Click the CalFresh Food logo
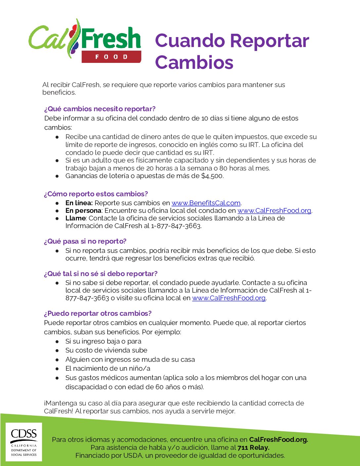pos(85,40)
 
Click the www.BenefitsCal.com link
pos(206,203)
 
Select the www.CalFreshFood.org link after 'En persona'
pos(274,210)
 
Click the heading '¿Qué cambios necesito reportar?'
pos(100,109)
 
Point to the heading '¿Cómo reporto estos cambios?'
pos(96,194)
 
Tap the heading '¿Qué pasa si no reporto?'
pos(85,241)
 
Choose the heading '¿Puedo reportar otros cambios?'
pos(98,313)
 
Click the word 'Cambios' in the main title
pos(194,62)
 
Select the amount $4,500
pos(212,176)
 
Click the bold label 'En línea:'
pos(79,203)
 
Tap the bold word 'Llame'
pos(75,218)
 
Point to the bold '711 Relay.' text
pos(253,447)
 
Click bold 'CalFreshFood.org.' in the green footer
pos(279,440)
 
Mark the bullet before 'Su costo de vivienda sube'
pos(57,350)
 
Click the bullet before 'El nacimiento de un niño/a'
pos(57,368)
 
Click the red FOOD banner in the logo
pos(112,57)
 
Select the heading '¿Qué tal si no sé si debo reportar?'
pos(101,274)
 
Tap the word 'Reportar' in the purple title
pos(269,41)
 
